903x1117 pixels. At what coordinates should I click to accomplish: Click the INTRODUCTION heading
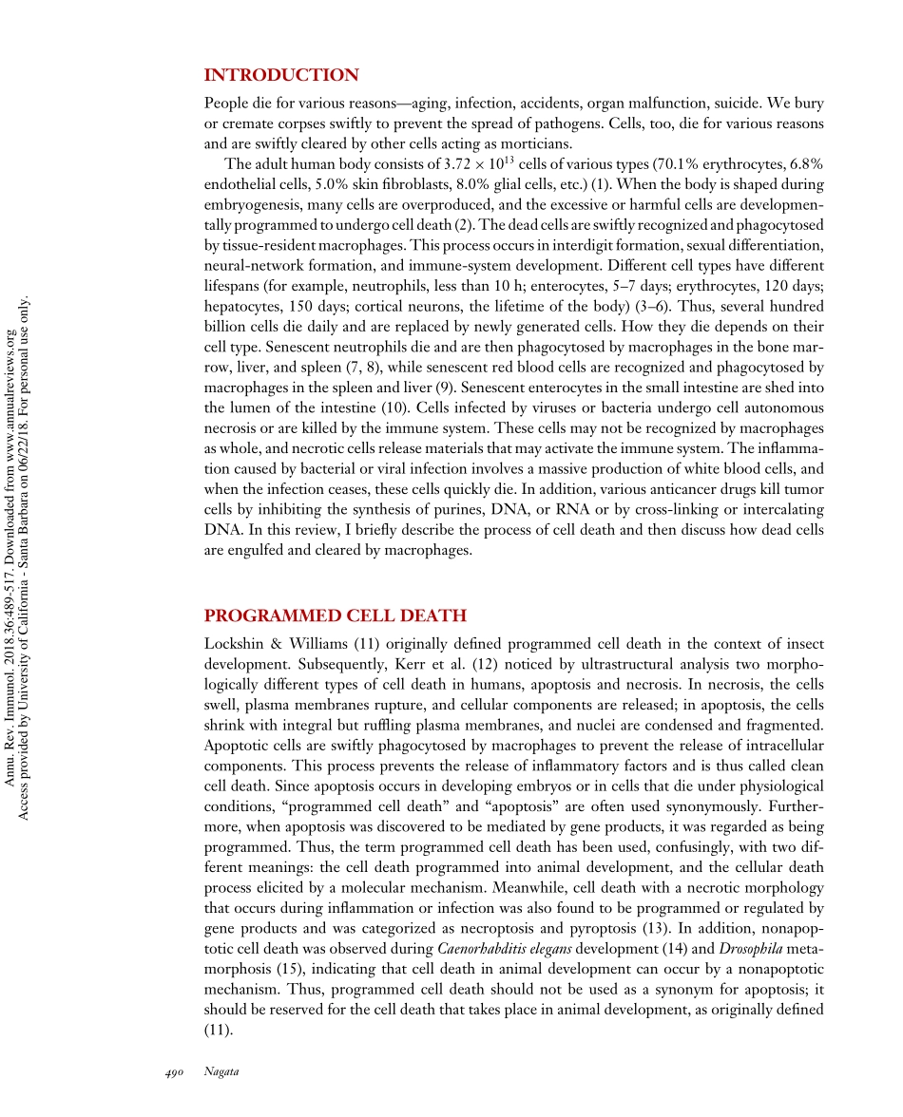coord(281,75)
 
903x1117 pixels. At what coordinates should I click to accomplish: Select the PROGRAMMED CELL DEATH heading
coord(336,615)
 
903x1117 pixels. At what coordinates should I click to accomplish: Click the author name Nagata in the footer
coord(221,1072)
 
